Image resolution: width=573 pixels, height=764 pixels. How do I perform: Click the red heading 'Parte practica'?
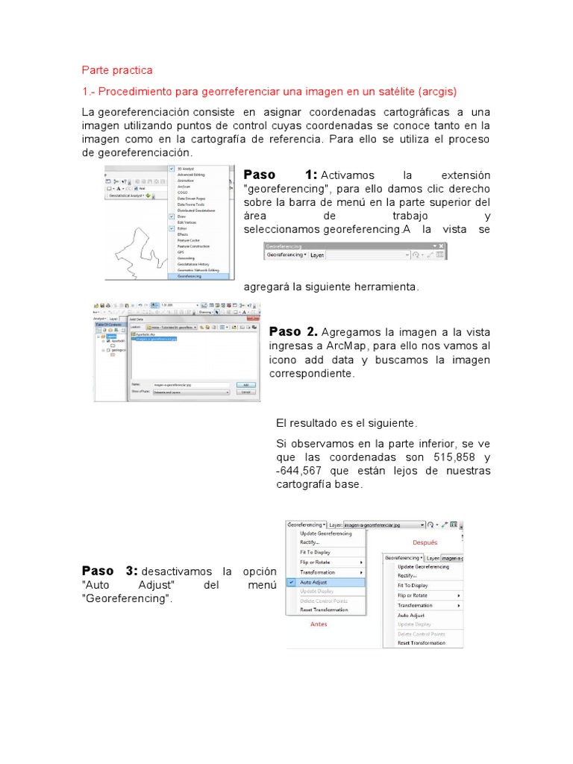(116, 70)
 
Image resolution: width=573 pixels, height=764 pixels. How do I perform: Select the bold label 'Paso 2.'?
(293, 331)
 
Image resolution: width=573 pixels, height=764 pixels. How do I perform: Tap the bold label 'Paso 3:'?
(110, 571)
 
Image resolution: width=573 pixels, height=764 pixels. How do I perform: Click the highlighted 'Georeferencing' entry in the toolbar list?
(190, 275)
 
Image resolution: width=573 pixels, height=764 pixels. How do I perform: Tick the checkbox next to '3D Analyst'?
(172, 169)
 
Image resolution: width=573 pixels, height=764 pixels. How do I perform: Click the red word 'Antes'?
(319, 624)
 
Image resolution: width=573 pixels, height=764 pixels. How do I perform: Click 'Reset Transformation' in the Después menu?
(422, 642)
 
